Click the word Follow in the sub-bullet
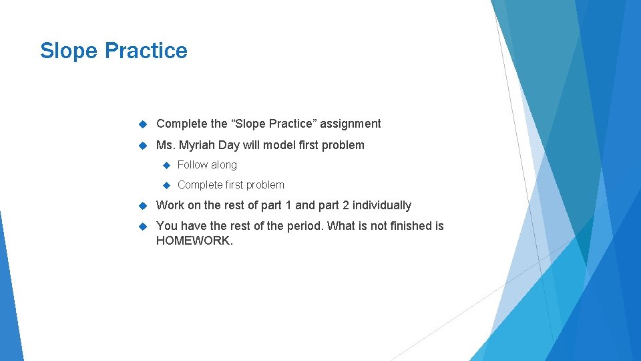[x=192, y=165]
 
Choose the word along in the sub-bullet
[x=224, y=165]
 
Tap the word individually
[x=382, y=205]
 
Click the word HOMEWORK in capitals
[x=194, y=241]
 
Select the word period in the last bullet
[x=304, y=226]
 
